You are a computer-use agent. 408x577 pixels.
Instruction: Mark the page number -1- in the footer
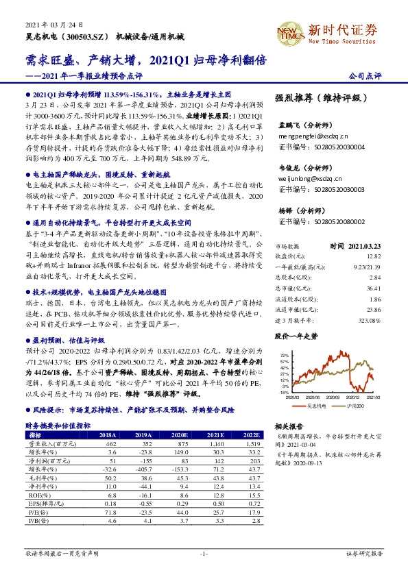[x=203, y=553]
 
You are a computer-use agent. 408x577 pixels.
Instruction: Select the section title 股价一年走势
[x=297, y=336]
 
